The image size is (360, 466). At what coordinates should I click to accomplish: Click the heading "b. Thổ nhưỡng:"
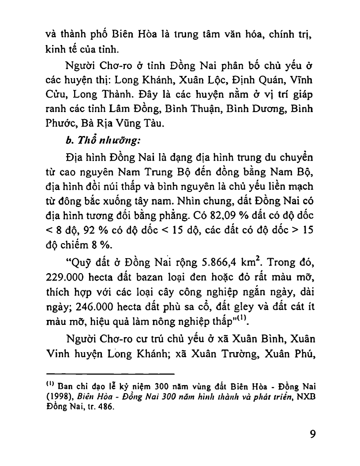click(102, 141)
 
